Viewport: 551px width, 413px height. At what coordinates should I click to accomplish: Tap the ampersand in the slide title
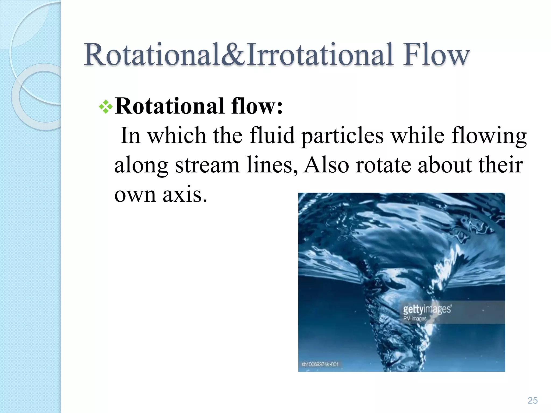coord(233,55)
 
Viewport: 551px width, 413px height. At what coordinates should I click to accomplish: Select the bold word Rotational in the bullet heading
coord(169,106)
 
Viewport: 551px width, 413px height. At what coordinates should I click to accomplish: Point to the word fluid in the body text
coord(272,135)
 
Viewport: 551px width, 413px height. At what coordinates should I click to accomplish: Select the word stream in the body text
coord(207,165)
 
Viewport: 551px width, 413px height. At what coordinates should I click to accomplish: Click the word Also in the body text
coord(326,165)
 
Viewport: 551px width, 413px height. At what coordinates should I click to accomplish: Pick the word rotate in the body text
coord(383,165)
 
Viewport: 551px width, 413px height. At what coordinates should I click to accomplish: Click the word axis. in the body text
coord(185,194)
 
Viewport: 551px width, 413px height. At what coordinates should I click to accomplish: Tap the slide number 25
coord(532,400)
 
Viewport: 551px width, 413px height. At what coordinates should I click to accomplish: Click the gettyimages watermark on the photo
coord(427,309)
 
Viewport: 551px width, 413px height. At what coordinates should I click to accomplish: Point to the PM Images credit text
coord(415,319)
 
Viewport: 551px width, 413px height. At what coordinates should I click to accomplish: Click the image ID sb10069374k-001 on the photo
coord(320,364)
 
